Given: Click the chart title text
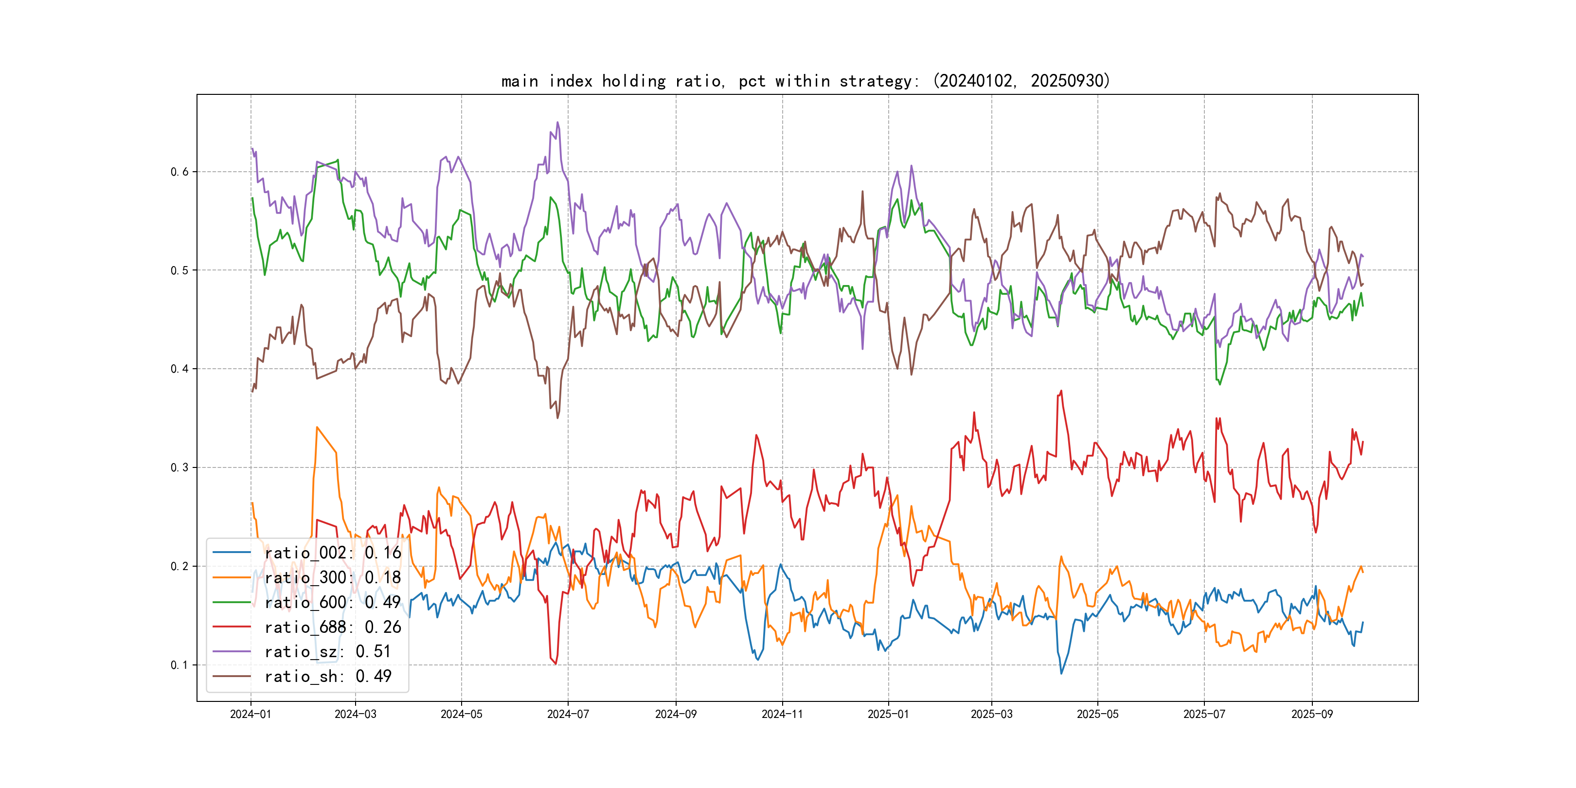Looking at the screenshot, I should click(x=805, y=81).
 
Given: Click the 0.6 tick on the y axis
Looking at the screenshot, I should click(x=179, y=172).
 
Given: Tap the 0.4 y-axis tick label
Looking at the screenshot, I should click(x=179, y=369).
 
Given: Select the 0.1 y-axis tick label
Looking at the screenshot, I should click(x=179, y=665).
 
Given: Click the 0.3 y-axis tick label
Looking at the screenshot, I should click(x=179, y=467).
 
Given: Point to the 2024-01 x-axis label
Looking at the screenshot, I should click(x=250, y=714).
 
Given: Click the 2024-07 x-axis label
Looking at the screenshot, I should click(x=568, y=714).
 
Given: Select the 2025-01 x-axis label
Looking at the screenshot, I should click(x=888, y=714).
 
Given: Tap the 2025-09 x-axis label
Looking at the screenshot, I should click(x=1312, y=714).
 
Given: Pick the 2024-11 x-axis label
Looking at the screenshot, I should click(x=782, y=714).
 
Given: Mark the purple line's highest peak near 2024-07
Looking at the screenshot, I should click(x=557, y=123).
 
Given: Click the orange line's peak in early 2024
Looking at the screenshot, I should click(x=317, y=427).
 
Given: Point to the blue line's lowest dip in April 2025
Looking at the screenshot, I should click(x=1061, y=674).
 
